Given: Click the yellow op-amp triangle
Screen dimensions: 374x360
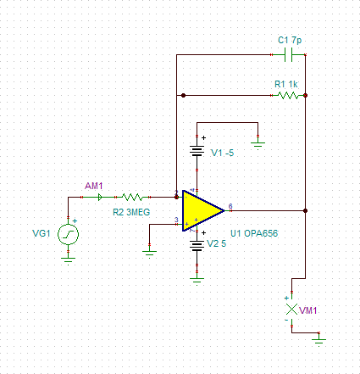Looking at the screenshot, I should point(200,209).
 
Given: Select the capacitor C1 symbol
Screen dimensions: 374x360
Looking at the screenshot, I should point(291,55).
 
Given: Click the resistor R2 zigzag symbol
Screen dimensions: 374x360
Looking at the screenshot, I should point(137,196).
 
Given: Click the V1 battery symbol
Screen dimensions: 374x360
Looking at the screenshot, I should point(197,153).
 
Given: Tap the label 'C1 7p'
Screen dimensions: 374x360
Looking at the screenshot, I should point(291,40).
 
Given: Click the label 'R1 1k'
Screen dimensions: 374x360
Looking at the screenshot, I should point(286,84).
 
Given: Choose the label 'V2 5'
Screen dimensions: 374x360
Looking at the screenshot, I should point(217,244).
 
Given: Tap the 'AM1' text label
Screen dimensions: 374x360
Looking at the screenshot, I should point(93,184).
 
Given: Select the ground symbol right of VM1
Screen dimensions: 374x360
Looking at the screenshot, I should point(318,339).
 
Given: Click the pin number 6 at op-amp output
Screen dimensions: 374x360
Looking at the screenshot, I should point(230,204).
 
